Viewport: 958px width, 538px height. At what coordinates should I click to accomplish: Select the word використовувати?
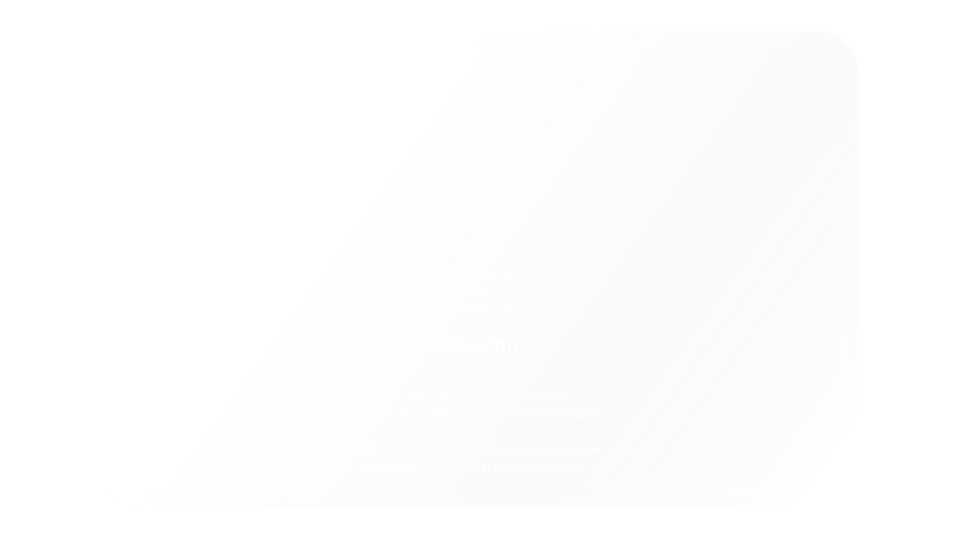pyautogui.click(x=520, y=394)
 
